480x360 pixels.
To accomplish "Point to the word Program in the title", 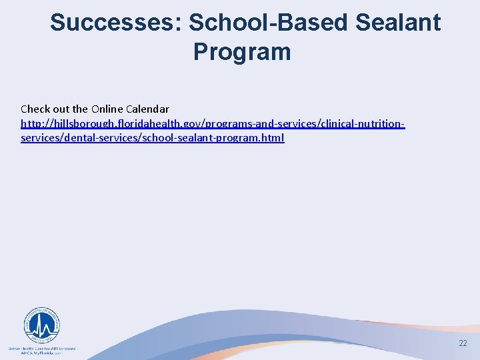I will [x=242, y=51].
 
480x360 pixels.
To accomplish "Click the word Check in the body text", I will [x=35, y=109].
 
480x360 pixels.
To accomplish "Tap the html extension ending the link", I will [x=273, y=138].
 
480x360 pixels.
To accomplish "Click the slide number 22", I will [x=463, y=343].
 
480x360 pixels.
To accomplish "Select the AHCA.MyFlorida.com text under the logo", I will [x=41, y=353].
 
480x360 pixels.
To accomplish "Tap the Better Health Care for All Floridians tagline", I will [x=41, y=348].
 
